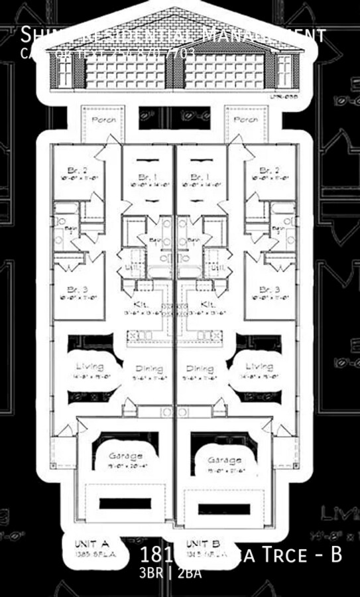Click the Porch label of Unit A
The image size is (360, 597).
point(103,120)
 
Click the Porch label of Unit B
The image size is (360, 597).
point(247,120)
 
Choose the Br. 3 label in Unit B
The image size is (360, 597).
point(269,290)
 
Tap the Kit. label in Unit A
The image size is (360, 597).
point(141,304)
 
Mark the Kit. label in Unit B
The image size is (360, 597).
point(208,304)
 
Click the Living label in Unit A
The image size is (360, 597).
point(90,366)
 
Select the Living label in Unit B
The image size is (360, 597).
point(259,366)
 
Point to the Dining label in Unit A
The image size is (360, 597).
point(149,369)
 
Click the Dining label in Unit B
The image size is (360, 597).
point(200,369)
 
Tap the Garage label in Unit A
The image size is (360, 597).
point(126,456)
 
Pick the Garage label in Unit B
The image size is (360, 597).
point(220,460)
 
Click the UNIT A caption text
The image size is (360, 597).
point(91,543)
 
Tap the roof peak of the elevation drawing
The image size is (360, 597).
point(176,9)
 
